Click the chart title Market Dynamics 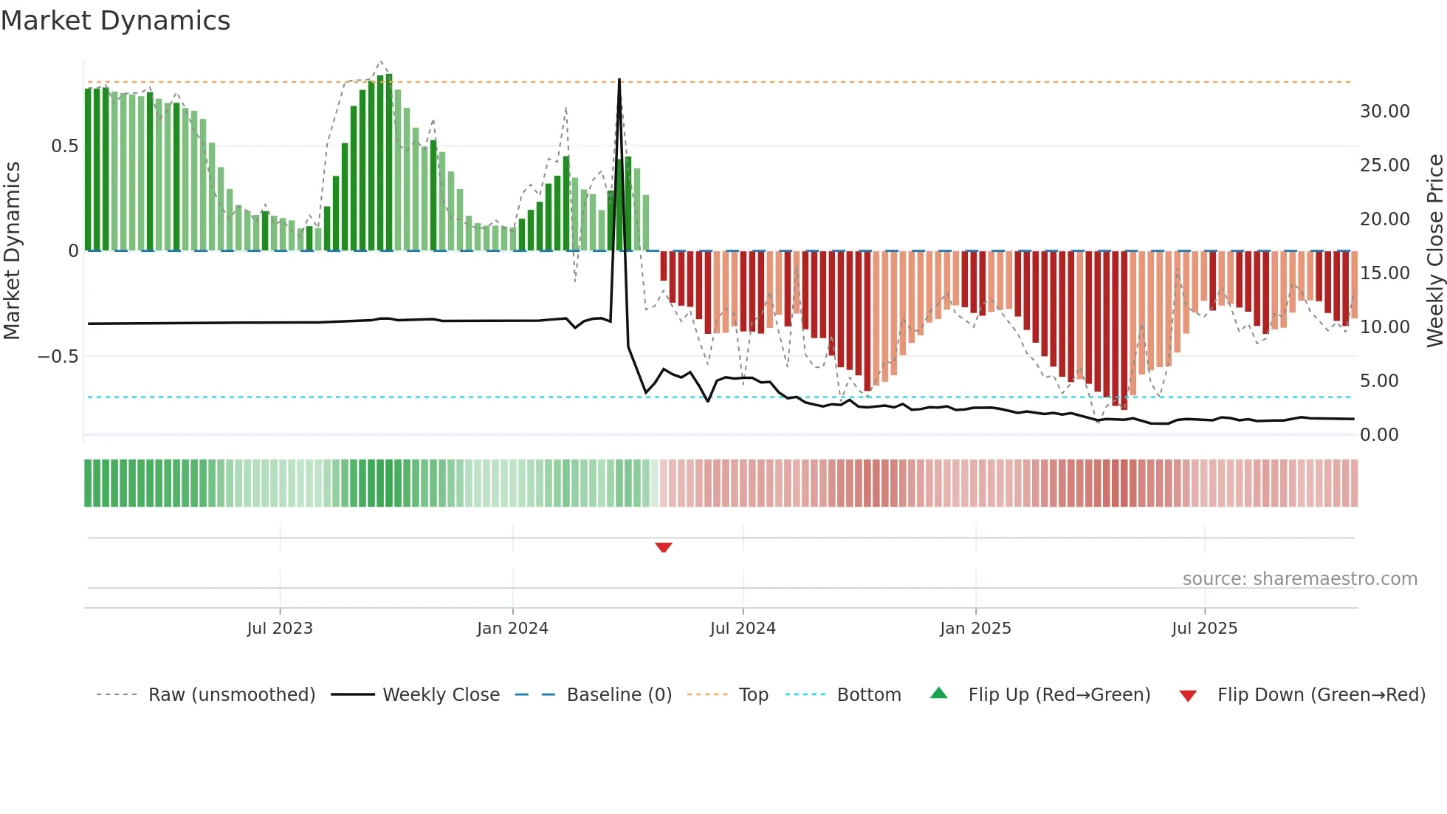click(115, 21)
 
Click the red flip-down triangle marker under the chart click(663, 547)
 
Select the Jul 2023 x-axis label click(280, 629)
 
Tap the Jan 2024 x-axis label click(512, 629)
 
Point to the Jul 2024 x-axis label click(743, 629)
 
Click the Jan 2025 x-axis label click(975, 629)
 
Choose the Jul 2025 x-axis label click(1204, 629)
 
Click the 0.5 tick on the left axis click(65, 146)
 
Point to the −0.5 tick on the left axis click(58, 357)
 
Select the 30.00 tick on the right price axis click(1384, 112)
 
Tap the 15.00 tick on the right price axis click(1384, 273)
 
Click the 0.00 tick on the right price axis click(1379, 435)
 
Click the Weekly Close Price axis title click(1434, 251)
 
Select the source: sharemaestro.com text click(1299, 579)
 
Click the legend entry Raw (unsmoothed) click(231, 695)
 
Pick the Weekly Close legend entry click(441, 695)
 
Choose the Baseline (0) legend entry click(619, 695)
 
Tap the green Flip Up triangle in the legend click(938, 694)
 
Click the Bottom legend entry click(868, 695)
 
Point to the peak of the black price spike click(619, 80)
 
